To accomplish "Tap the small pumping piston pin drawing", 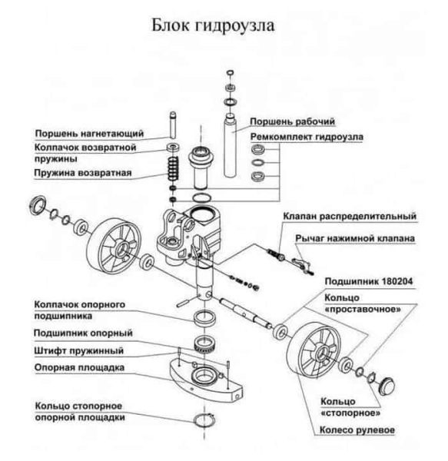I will (x=173, y=123).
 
